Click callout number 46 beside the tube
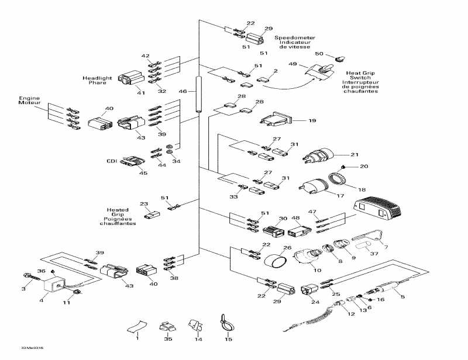coord(183,92)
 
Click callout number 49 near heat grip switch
coord(292,64)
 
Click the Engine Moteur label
coord(28,101)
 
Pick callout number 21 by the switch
coord(354,154)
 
